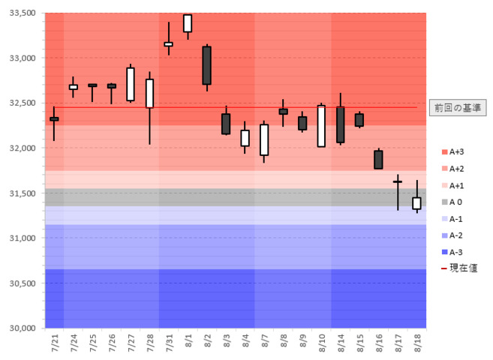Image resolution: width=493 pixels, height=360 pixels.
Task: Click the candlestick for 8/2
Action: pos(206,65)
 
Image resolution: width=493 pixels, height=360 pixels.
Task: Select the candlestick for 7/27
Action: pos(131,84)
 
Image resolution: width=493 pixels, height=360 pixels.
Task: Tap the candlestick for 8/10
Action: pos(321,126)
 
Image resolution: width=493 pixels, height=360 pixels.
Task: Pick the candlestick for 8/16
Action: pos(378,160)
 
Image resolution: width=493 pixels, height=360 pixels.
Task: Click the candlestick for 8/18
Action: pos(416,203)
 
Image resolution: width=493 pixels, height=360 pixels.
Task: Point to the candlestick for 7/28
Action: pos(149,94)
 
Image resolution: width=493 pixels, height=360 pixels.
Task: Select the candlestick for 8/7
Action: pos(264,139)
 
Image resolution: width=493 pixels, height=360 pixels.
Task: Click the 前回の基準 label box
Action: pos(458,108)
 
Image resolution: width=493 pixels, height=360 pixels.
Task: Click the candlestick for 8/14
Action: pos(341,124)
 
